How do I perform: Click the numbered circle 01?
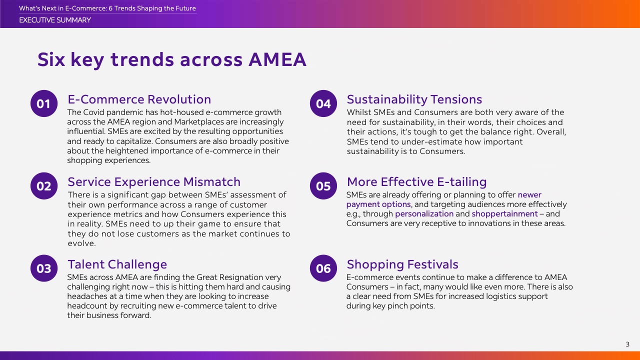point(44,103)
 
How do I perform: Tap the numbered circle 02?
point(44,186)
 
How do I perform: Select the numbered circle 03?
point(44,268)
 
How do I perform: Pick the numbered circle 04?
point(323,103)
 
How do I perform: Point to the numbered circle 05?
point(323,186)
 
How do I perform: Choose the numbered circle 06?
point(323,268)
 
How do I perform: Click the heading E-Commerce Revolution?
point(139,99)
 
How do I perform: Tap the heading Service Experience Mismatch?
point(154,182)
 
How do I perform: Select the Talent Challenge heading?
point(117,264)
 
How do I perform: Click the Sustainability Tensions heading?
point(414,99)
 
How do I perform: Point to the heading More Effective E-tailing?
point(416,182)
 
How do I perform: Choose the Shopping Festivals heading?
point(402,264)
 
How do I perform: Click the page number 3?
point(627,344)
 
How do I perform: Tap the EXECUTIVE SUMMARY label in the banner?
point(55,20)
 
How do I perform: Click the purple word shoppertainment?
point(504,213)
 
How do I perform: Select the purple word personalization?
point(424,214)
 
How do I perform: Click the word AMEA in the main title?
point(277,59)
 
